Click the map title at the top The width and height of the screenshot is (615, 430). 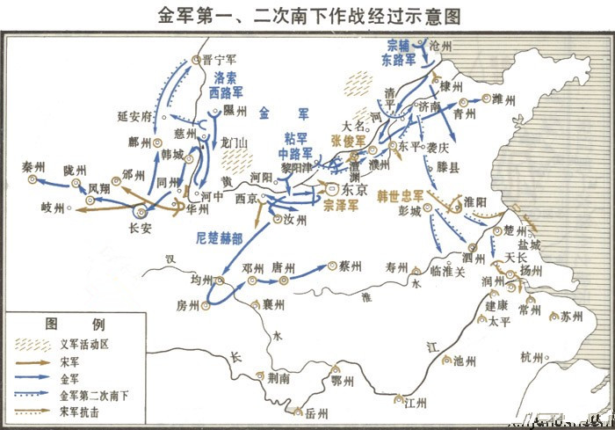pos(307,15)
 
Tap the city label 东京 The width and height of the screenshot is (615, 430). pos(353,189)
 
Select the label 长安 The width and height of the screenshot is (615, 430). pos(141,227)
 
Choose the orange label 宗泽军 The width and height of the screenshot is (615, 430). pos(341,206)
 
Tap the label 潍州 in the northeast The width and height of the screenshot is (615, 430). pos(507,98)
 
